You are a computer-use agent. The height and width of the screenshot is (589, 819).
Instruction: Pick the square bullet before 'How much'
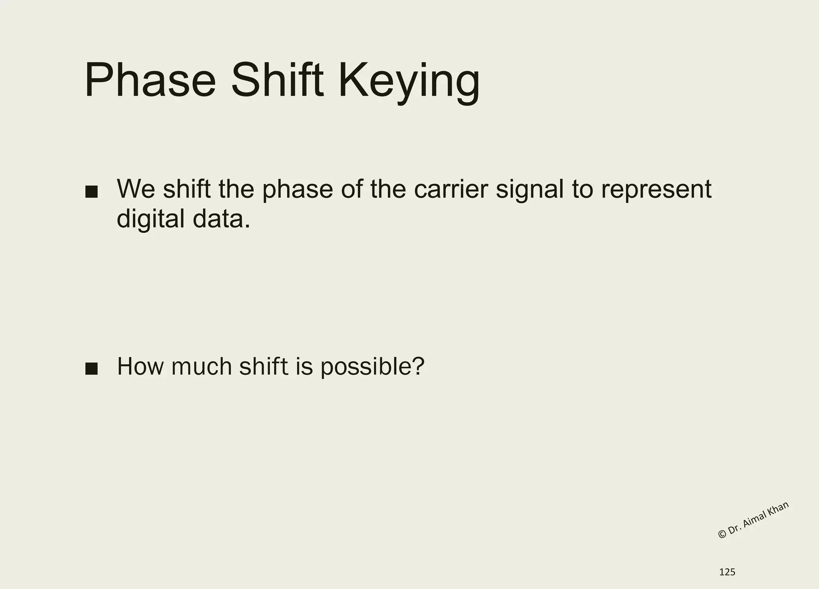point(92,369)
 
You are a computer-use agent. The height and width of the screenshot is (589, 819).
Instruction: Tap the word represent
point(656,190)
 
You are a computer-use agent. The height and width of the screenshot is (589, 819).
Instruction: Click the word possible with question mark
point(372,367)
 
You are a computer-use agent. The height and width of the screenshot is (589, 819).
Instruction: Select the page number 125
point(727,572)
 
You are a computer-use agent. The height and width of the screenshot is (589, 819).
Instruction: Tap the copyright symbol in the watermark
point(722,534)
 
